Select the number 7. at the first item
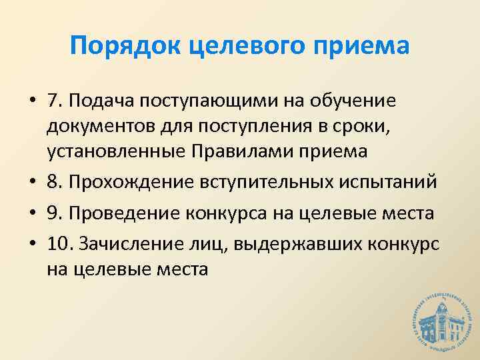55,101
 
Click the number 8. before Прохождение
55,181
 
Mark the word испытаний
379,181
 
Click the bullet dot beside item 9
32,214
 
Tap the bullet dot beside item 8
32,181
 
